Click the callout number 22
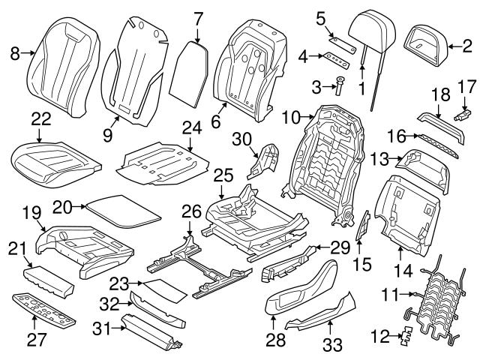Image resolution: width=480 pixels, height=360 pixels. (42, 118)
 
